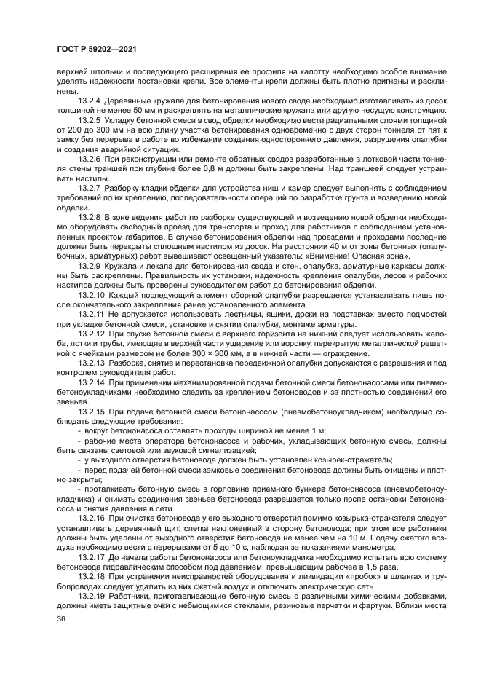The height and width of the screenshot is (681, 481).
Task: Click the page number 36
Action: click(61, 618)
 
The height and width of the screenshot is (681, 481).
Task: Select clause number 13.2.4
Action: click(89, 100)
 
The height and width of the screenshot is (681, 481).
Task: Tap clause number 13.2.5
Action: click(89, 118)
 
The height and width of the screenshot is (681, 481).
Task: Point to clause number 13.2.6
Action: click(89, 158)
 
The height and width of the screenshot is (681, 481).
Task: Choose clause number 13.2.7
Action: click(89, 186)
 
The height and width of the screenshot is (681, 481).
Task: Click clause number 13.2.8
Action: click(89, 217)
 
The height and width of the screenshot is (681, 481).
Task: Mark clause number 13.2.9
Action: click(89, 265)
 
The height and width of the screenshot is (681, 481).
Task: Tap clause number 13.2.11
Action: click(91, 313)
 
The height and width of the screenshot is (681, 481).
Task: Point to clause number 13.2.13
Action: click(91, 361)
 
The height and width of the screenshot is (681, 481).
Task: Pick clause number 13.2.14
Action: click(91, 381)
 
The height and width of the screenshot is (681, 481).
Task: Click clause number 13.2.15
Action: click(91, 410)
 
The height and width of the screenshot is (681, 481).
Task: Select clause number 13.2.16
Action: click(91, 516)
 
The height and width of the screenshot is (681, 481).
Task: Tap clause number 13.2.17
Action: click(91, 556)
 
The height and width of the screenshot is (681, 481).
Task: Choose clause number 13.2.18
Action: click(91, 575)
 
